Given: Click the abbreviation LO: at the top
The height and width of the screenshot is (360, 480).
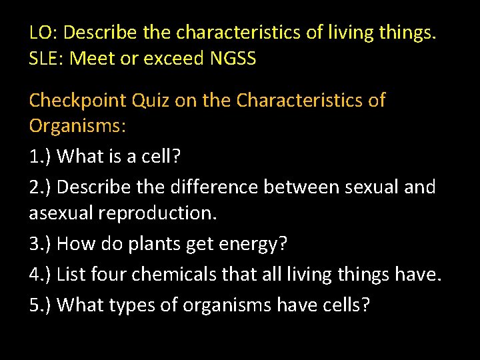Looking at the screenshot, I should tap(43, 32).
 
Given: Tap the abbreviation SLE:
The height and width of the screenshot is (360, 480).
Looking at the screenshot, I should tap(47, 59).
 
